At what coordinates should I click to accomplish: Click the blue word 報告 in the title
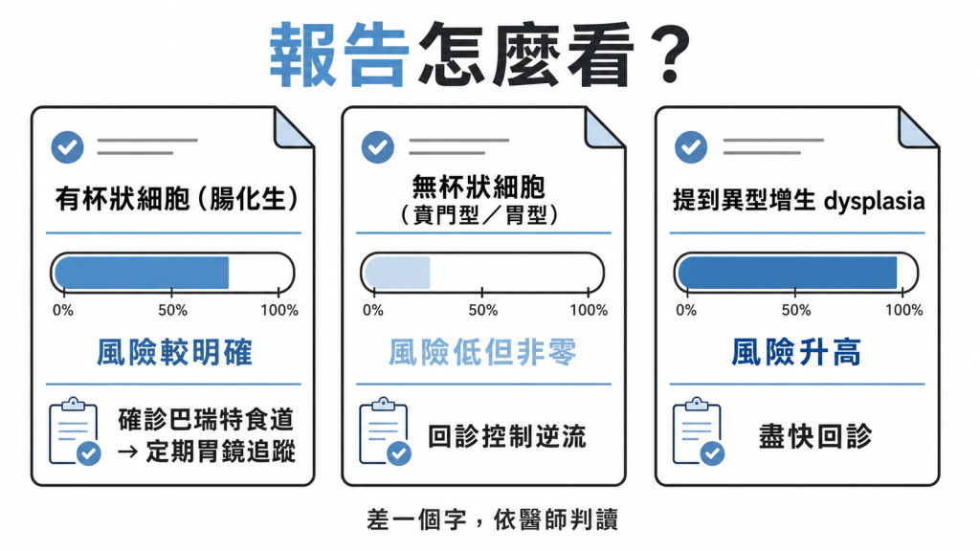click(340, 55)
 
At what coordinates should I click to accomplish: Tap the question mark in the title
click(668, 55)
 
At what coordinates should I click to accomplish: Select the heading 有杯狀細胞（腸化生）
click(177, 199)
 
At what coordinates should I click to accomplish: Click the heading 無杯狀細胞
click(479, 187)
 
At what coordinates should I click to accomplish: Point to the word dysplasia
click(874, 201)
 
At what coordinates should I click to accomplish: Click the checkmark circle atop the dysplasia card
click(691, 147)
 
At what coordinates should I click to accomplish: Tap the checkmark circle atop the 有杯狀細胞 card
click(68, 147)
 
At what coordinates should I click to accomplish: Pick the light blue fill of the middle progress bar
click(397, 273)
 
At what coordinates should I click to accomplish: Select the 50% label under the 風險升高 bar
click(795, 311)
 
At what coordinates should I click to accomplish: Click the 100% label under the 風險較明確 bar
click(279, 311)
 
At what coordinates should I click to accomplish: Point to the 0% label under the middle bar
click(373, 311)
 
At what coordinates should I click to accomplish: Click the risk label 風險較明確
click(174, 352)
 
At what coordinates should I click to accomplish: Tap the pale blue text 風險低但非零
click(482, 352)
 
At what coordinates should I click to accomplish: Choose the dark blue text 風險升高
click(796, 352)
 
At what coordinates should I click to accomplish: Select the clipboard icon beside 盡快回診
click(698, 431)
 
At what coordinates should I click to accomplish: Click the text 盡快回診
click(815, 436)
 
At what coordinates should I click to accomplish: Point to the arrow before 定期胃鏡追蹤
click(127, 452)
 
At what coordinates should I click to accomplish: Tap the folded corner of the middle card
click(604, 129)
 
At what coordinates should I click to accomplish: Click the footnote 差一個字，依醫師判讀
click(493, 519)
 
